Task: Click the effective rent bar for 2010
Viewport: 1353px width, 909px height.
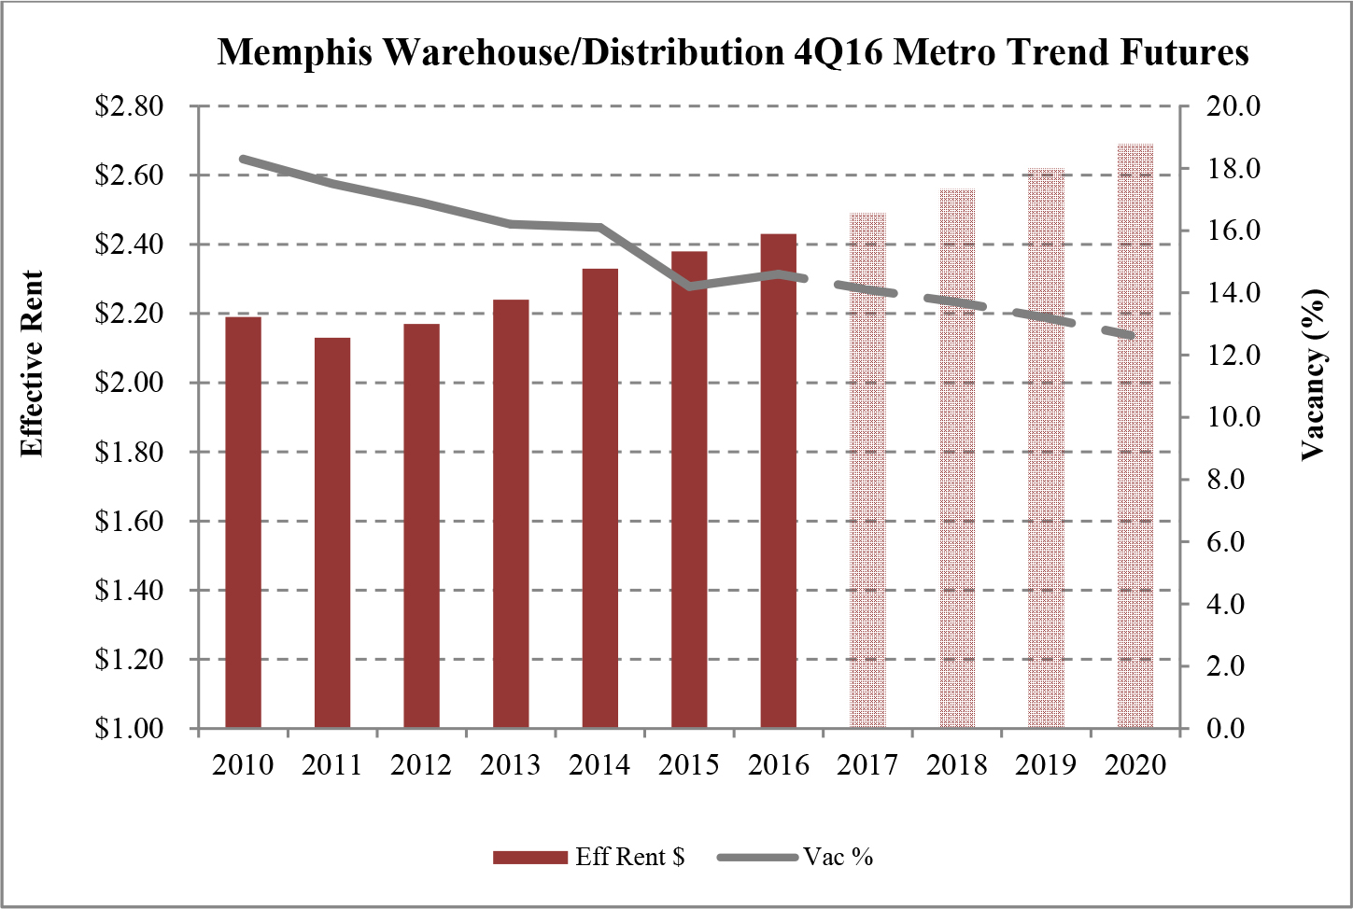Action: pos(243,523)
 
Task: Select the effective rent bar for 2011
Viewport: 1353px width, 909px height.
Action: pos(332,533)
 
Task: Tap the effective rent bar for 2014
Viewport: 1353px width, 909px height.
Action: pos(600,498)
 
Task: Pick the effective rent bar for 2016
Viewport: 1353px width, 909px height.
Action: pos(779,481)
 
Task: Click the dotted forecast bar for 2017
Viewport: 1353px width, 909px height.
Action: pos(867,470)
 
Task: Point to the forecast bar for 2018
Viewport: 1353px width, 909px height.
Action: pos(957,458)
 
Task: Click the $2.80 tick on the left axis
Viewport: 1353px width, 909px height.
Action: pos(130,106)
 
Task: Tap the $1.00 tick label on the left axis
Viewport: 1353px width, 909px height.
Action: pos(130,729)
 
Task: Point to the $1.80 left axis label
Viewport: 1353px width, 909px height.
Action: pos(130,453)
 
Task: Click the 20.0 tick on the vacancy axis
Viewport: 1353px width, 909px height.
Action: pos(1233,106)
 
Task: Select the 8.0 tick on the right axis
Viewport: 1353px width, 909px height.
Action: pos(1225,480)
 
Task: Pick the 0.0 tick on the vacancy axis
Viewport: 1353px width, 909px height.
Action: pos(1225,729)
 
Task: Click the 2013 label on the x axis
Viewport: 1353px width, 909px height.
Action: pos(511,765)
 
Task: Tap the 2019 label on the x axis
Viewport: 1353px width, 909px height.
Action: pos(1046,765)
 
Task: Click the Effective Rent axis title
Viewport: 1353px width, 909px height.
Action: pos(33,364)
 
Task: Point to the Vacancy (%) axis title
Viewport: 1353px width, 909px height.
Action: pos(1314,374)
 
